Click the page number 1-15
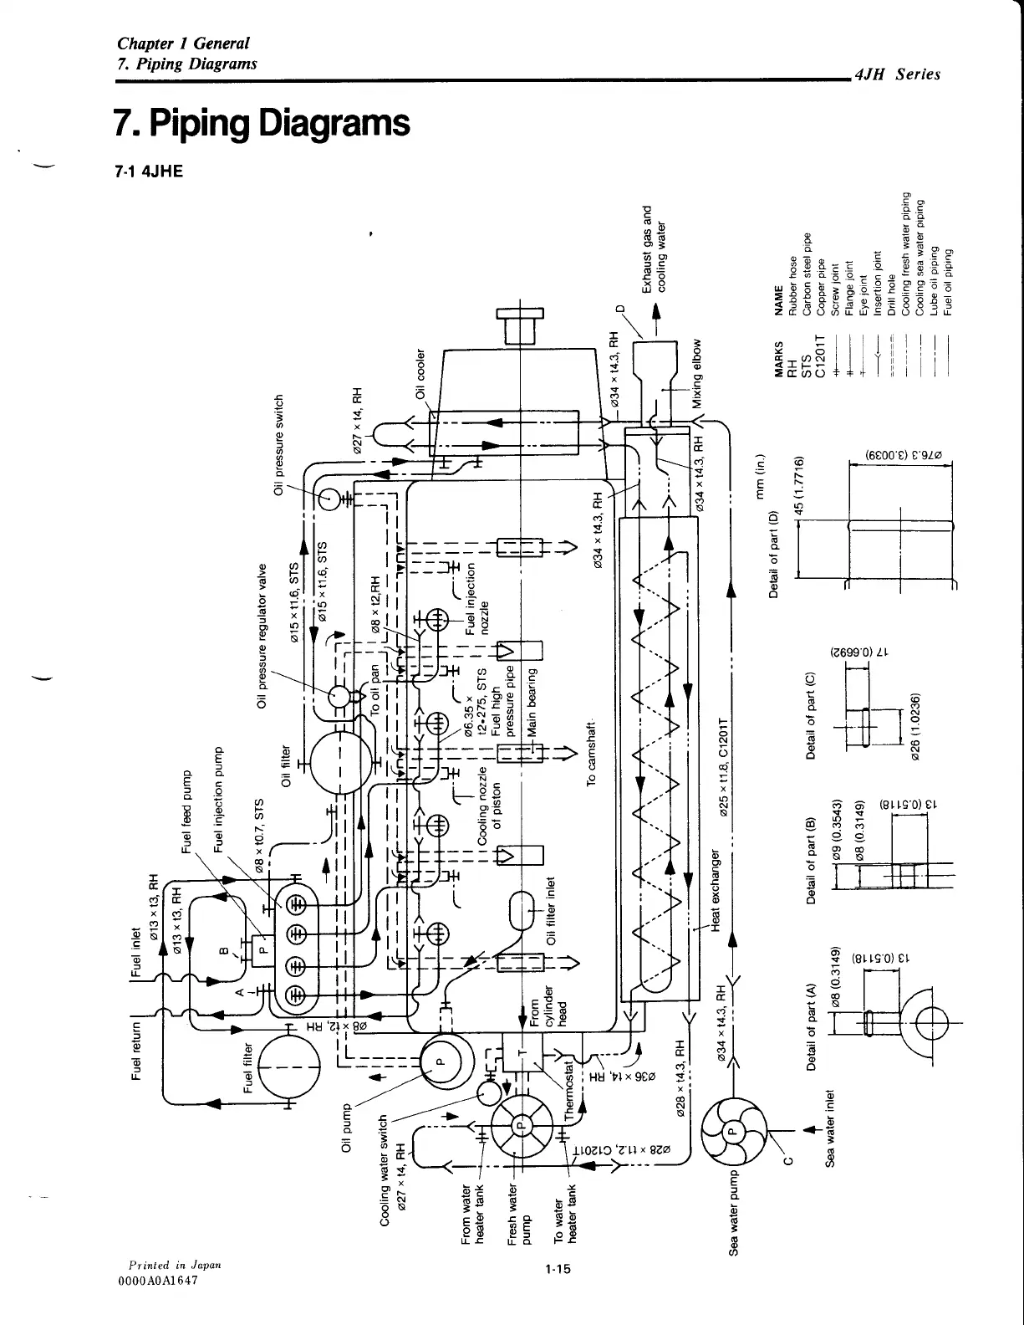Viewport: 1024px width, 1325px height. (554, 1270)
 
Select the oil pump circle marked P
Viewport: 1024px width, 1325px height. (446, 1063)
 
